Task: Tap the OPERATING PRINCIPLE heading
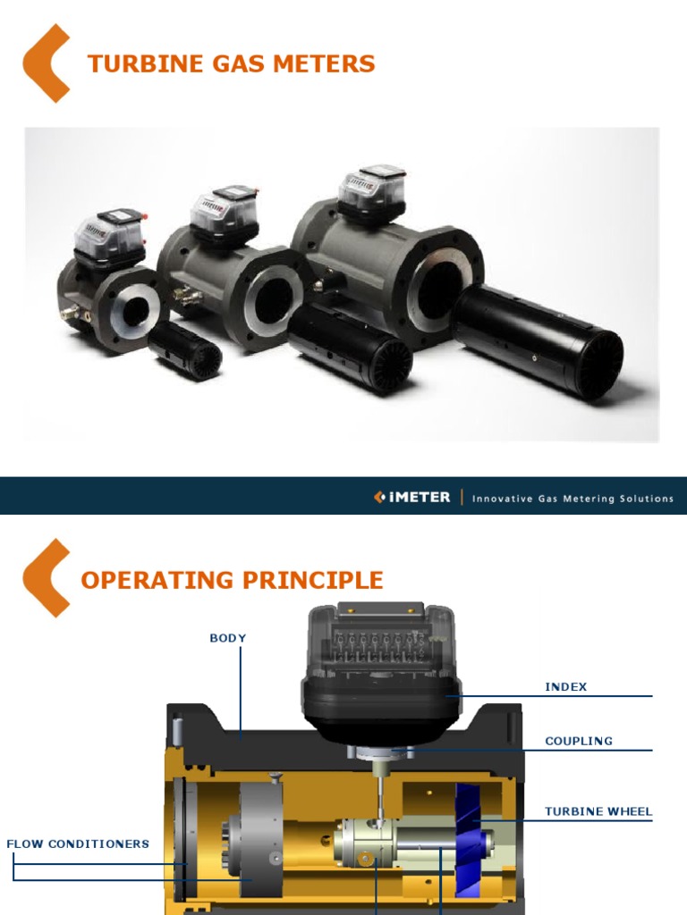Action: [232, 580]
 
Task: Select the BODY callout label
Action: [227, 638]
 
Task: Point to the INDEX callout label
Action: [566, 686]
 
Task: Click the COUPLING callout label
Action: [579, 741]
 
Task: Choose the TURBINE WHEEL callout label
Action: [598, 812]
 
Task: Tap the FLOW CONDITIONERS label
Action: [78, 844]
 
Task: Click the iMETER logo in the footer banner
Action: [412, 497]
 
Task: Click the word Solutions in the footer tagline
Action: [647, 499]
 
